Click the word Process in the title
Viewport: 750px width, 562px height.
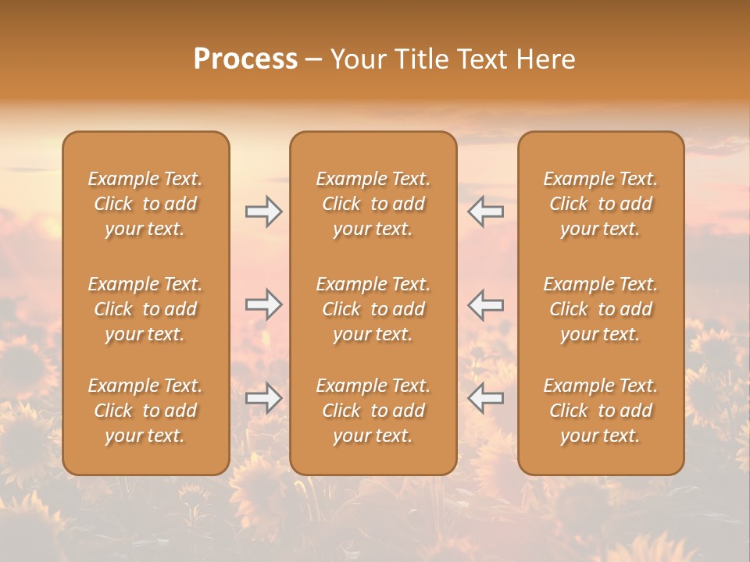tap(245, 59)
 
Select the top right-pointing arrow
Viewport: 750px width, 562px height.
tap(264, 212)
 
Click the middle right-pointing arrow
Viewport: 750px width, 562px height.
tap(264, 305)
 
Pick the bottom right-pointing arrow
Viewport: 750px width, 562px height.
tap(264, 398)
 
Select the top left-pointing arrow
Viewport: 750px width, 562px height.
tap(485, 212)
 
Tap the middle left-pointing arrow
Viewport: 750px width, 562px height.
tap(485, 305)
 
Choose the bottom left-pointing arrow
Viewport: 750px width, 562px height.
tap(485, 398)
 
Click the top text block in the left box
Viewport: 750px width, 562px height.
tap(145, 204)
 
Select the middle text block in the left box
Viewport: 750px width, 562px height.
tap(145, 309)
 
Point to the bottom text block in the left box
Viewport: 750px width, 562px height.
tap(145, 411)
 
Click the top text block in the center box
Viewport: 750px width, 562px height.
tap(373, 204)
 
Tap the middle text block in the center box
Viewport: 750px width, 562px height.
tap(373, 309)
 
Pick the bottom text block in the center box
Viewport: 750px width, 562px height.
tap(373, 411)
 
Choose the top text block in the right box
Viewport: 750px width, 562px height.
tap(600, 204)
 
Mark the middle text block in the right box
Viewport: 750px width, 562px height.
tap(600, 309)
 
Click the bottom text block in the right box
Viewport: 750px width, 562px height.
tap(600, 411)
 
